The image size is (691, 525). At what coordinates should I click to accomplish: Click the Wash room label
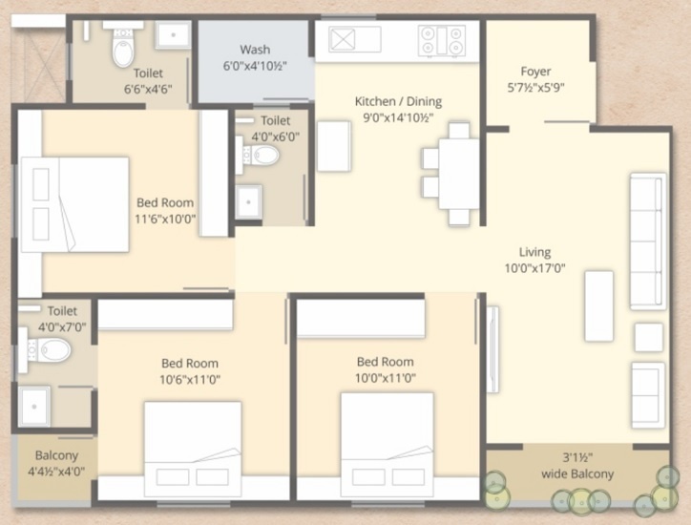point(254,50)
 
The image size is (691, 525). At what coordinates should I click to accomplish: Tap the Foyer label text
point(535,72)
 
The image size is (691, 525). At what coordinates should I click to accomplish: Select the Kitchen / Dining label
point(398,101)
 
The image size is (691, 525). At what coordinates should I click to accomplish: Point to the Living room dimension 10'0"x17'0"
point(534,268)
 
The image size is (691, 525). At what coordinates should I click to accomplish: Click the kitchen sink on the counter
point(355,39)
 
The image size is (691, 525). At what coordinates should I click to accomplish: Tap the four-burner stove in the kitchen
point(442,39)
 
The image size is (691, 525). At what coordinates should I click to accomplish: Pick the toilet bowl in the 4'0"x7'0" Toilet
point(52,350)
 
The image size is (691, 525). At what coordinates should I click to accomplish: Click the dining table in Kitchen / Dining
point(459,174)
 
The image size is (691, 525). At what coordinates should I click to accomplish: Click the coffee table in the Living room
point(598,305)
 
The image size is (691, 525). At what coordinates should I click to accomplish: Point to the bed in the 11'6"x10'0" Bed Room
point(75,204)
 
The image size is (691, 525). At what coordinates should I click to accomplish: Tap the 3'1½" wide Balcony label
point(577,467)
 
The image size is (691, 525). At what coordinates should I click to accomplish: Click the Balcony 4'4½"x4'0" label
point(56,463)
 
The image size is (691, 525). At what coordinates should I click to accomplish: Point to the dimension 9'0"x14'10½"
point(398,117)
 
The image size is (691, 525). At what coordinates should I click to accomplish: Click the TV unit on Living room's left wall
point(492,348)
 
